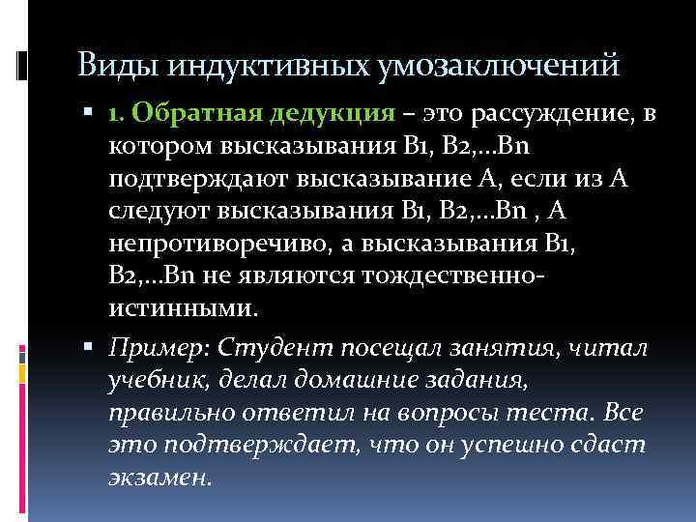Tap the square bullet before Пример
pos(100,346)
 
